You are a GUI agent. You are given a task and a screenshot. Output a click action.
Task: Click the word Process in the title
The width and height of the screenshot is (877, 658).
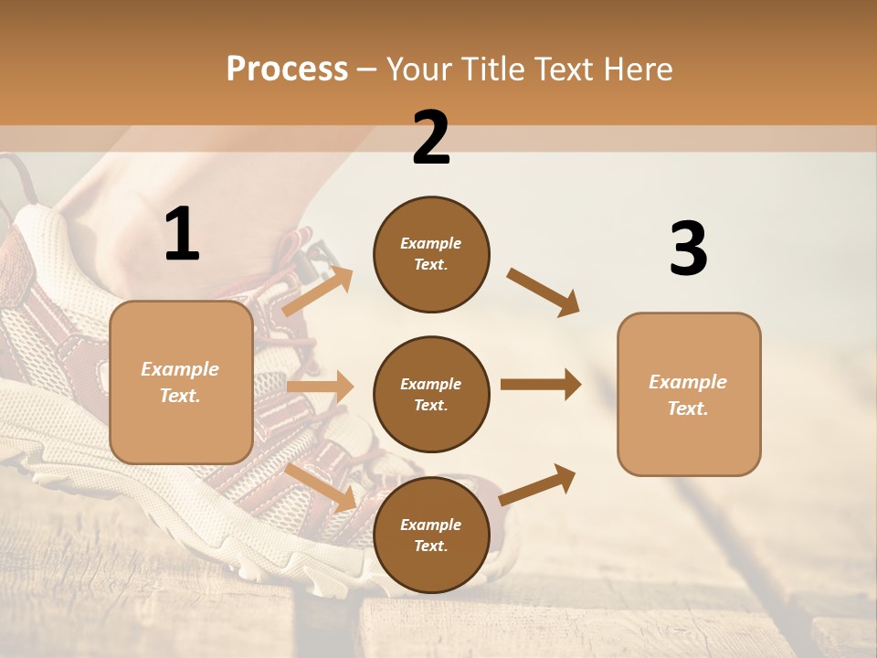(x=287, y=69)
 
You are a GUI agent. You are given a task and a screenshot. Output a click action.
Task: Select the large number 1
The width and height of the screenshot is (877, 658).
(x=182, y=235)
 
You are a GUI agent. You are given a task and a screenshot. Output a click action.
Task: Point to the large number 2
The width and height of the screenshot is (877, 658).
(x=431, y=138)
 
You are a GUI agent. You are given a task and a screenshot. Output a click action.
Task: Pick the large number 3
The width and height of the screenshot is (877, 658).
(x=688, y=249)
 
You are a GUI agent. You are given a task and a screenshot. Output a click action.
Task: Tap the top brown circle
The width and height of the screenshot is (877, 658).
(x=431, y=254)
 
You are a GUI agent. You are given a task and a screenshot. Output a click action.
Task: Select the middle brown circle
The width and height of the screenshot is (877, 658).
(x=431, y=394)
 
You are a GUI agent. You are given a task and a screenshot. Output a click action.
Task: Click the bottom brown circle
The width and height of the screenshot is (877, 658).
(x=431, y=535)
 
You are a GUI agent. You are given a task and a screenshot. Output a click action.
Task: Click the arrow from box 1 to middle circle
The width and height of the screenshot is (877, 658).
(x=320, y=387)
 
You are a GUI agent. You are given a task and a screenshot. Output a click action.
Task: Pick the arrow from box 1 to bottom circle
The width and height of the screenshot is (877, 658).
(x=322, y=486)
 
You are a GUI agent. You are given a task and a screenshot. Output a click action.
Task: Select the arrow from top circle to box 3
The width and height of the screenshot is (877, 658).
(x=544, y=292)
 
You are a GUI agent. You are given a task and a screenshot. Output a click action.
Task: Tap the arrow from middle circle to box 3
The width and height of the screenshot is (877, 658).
(x=541, y=385)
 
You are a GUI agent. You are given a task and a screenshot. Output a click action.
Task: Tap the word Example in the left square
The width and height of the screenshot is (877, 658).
(x=180, y=369)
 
